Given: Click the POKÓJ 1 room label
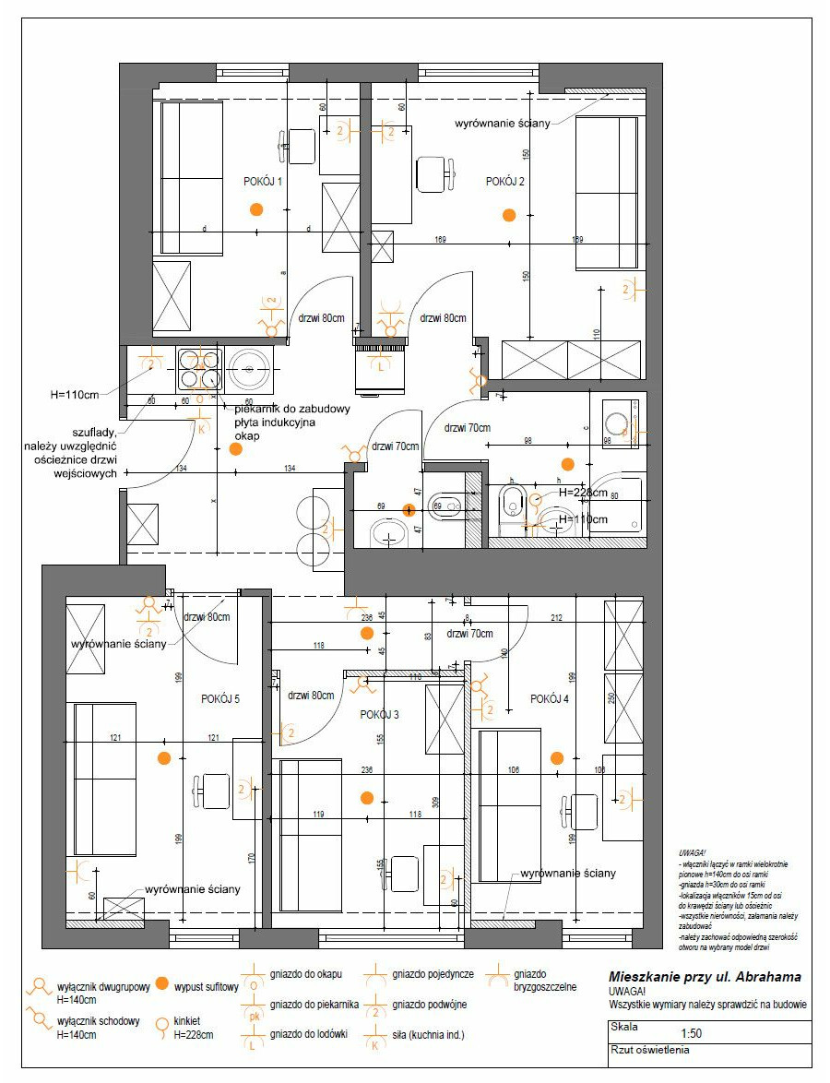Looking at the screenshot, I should (263, 182).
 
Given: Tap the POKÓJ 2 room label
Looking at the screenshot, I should (505, 182).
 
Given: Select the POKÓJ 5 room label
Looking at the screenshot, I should (220, 699).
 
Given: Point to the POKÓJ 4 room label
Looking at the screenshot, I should (550, 699).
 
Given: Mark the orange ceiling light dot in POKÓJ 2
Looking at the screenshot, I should (508, 215).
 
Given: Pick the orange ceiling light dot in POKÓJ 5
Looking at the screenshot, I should (164, 758).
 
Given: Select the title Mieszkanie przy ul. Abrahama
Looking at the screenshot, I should (705, 977).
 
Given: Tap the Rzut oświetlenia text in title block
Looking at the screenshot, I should (649, 1049).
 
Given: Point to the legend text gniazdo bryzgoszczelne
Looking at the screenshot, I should (546, 980).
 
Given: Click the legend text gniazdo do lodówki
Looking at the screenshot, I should (309, 1034).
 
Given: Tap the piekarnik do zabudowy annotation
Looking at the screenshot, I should (280, 409).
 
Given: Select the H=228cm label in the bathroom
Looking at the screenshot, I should (581, 492).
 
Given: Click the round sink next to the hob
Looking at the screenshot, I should (250, 370).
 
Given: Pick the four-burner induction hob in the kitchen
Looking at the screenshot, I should (196, 369).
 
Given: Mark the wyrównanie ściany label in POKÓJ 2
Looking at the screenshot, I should (503, 123).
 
